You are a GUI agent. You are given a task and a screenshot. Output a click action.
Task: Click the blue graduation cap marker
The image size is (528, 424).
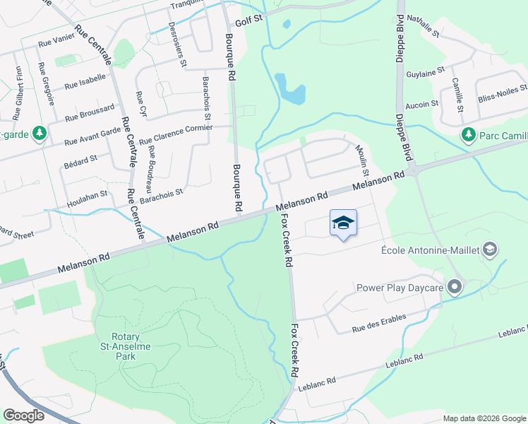click(x=343, y=223)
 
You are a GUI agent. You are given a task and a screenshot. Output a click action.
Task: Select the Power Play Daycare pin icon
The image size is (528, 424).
click(x=455, y=287)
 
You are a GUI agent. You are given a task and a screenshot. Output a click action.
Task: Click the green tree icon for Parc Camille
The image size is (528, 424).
click(x=467, y=134)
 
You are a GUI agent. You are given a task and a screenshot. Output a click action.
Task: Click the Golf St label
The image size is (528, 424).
click(x=248, y=22)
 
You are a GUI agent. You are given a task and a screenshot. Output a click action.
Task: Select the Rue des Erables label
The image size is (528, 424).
click(x=378, y=323)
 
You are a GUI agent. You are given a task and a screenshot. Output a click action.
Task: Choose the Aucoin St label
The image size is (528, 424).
click(x=423, y=104)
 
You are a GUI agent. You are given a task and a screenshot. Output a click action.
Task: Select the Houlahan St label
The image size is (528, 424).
click(x=83, y=194)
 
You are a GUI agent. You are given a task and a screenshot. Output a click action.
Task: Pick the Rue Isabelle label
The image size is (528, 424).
click(x=85, y=84)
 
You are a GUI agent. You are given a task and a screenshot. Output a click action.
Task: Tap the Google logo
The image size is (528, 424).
click(x=24, y=415)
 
